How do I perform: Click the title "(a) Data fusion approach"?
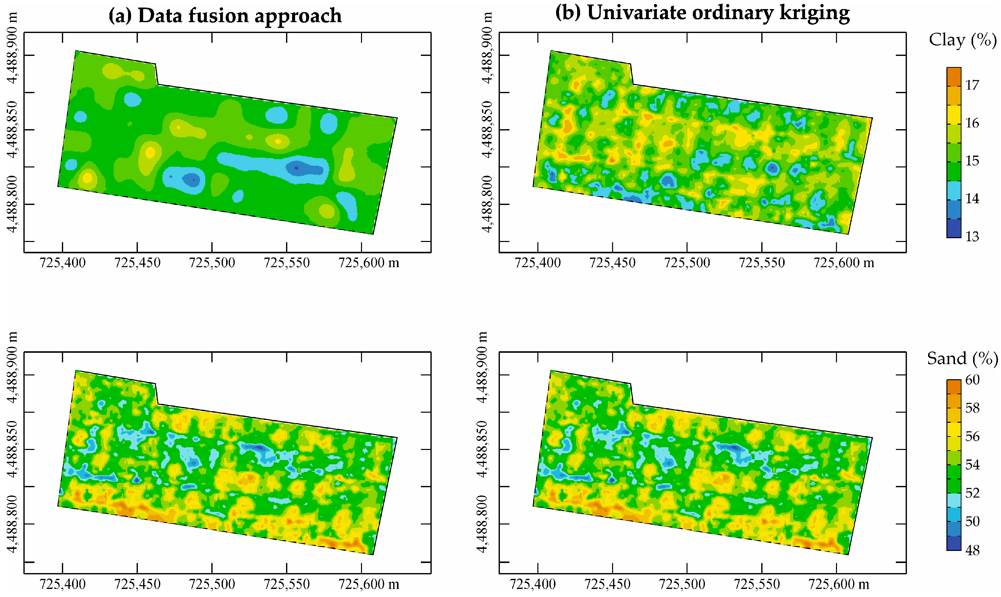225,16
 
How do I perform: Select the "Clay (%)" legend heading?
963,40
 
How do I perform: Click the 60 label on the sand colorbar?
973,380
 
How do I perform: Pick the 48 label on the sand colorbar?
973,550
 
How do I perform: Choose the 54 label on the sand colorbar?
973,465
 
